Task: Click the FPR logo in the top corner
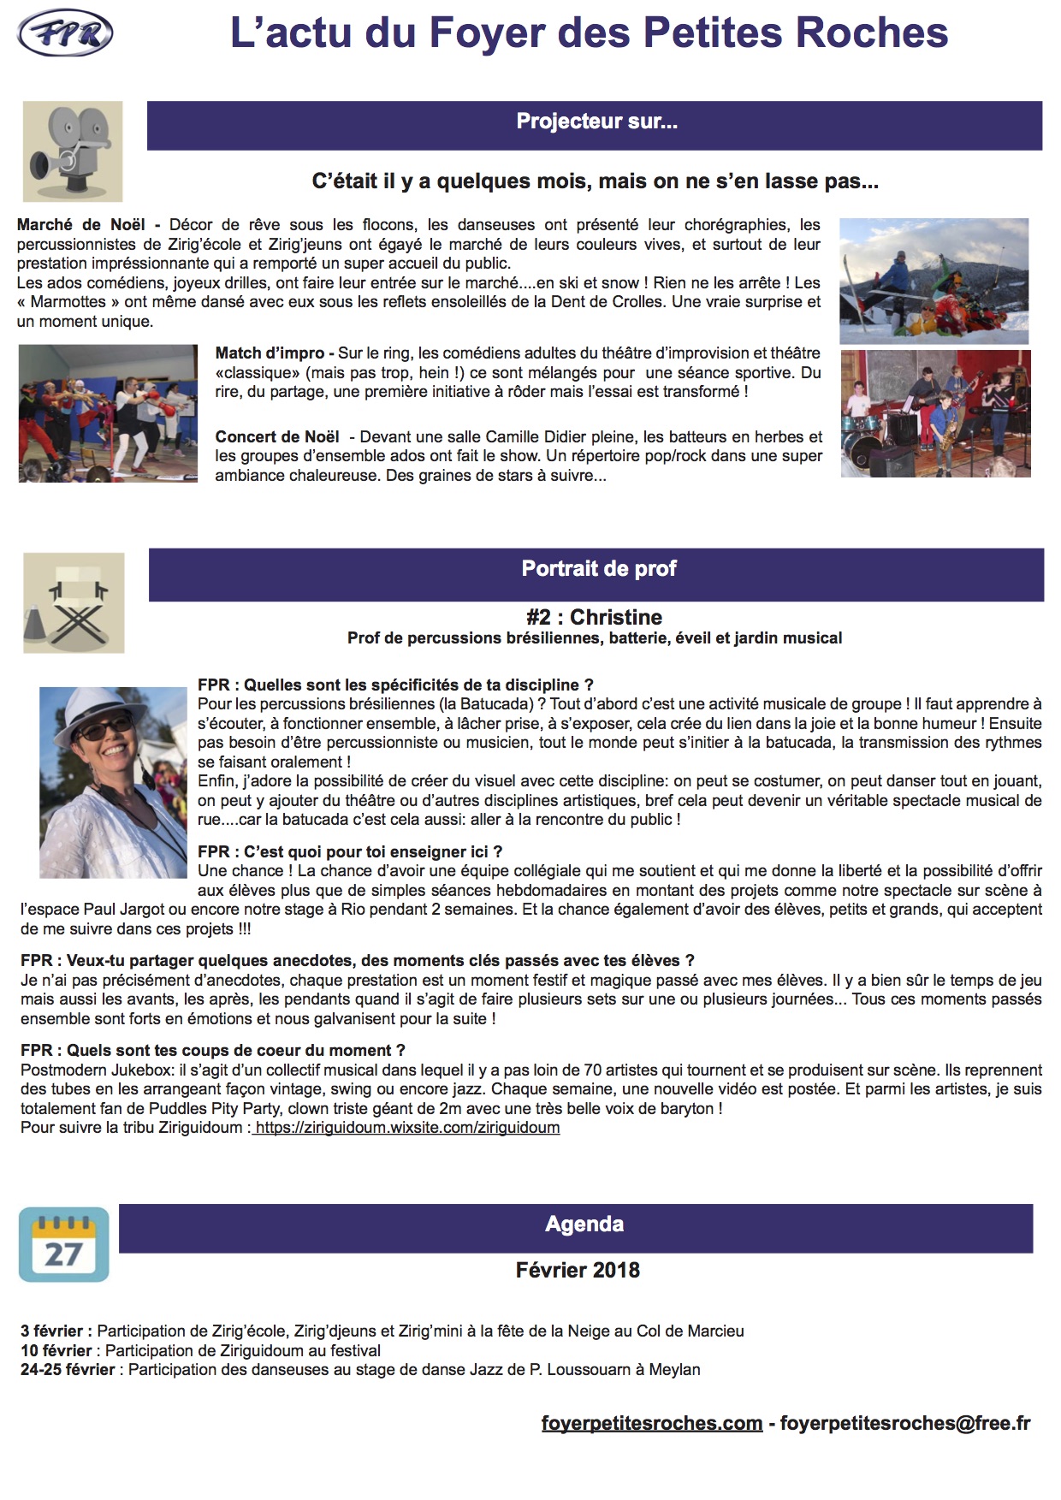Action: [x=65, y=34]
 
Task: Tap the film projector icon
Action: [x=73, y=151]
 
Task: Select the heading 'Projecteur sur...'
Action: [x=596, y=122]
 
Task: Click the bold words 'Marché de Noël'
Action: [x=81, y=225]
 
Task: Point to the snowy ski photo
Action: [x=934, y=281]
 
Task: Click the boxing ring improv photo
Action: [x=108, y=413]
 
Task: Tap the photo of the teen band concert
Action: [x=935, y=413]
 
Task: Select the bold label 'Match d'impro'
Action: [x=270, y=353]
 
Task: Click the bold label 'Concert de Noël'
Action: [x=277, y=437]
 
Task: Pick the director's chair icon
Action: [x=74, y=603]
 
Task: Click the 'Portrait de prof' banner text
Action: [x=599, y=569]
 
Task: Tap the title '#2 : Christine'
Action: [x=595, y=618]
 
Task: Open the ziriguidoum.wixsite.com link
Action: [x=407, y=1128]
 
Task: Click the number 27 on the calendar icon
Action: [x=63, y=1254]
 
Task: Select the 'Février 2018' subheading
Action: [x=578, y=1271]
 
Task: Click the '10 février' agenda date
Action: [x=56, y=1350]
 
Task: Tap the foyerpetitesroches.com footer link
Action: [x=652, y=1423]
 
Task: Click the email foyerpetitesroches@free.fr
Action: [x=905, y=1423]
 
